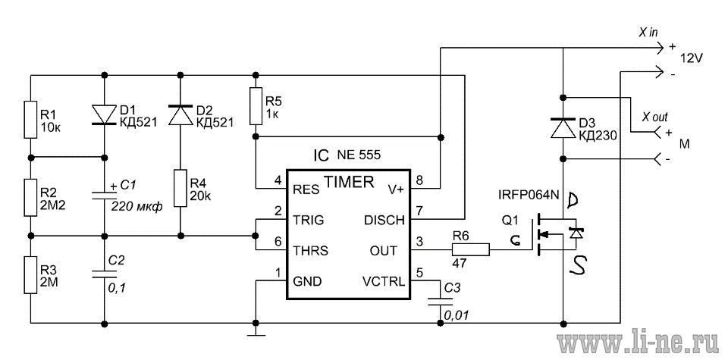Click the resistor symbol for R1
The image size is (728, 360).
pyautogui.click(x=30, y=119)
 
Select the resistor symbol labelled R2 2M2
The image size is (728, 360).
pyautogui.click(x=30, y=197)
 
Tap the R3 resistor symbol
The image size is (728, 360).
pyautogui.click(x=30, y=274)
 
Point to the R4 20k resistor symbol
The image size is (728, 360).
pyautogui.click(x=180, y=188)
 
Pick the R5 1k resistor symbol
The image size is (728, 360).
pyautogui.click(x=256, y=106)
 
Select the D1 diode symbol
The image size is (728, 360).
pyautogui.click(x=104, y=114)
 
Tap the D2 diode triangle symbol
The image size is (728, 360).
pyautogui.click(x=180, y=114)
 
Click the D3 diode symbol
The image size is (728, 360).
pyautogui.click(x=563, y=128)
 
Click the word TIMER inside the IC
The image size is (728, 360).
pyautogui.click(x=349, y=183)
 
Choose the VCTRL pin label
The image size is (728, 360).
pyautogui.click(x=384, y=281)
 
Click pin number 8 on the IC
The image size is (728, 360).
pyautogui.click(x=419, y=180)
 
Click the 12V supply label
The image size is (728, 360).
pyautogui.click(x=692, y=59)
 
